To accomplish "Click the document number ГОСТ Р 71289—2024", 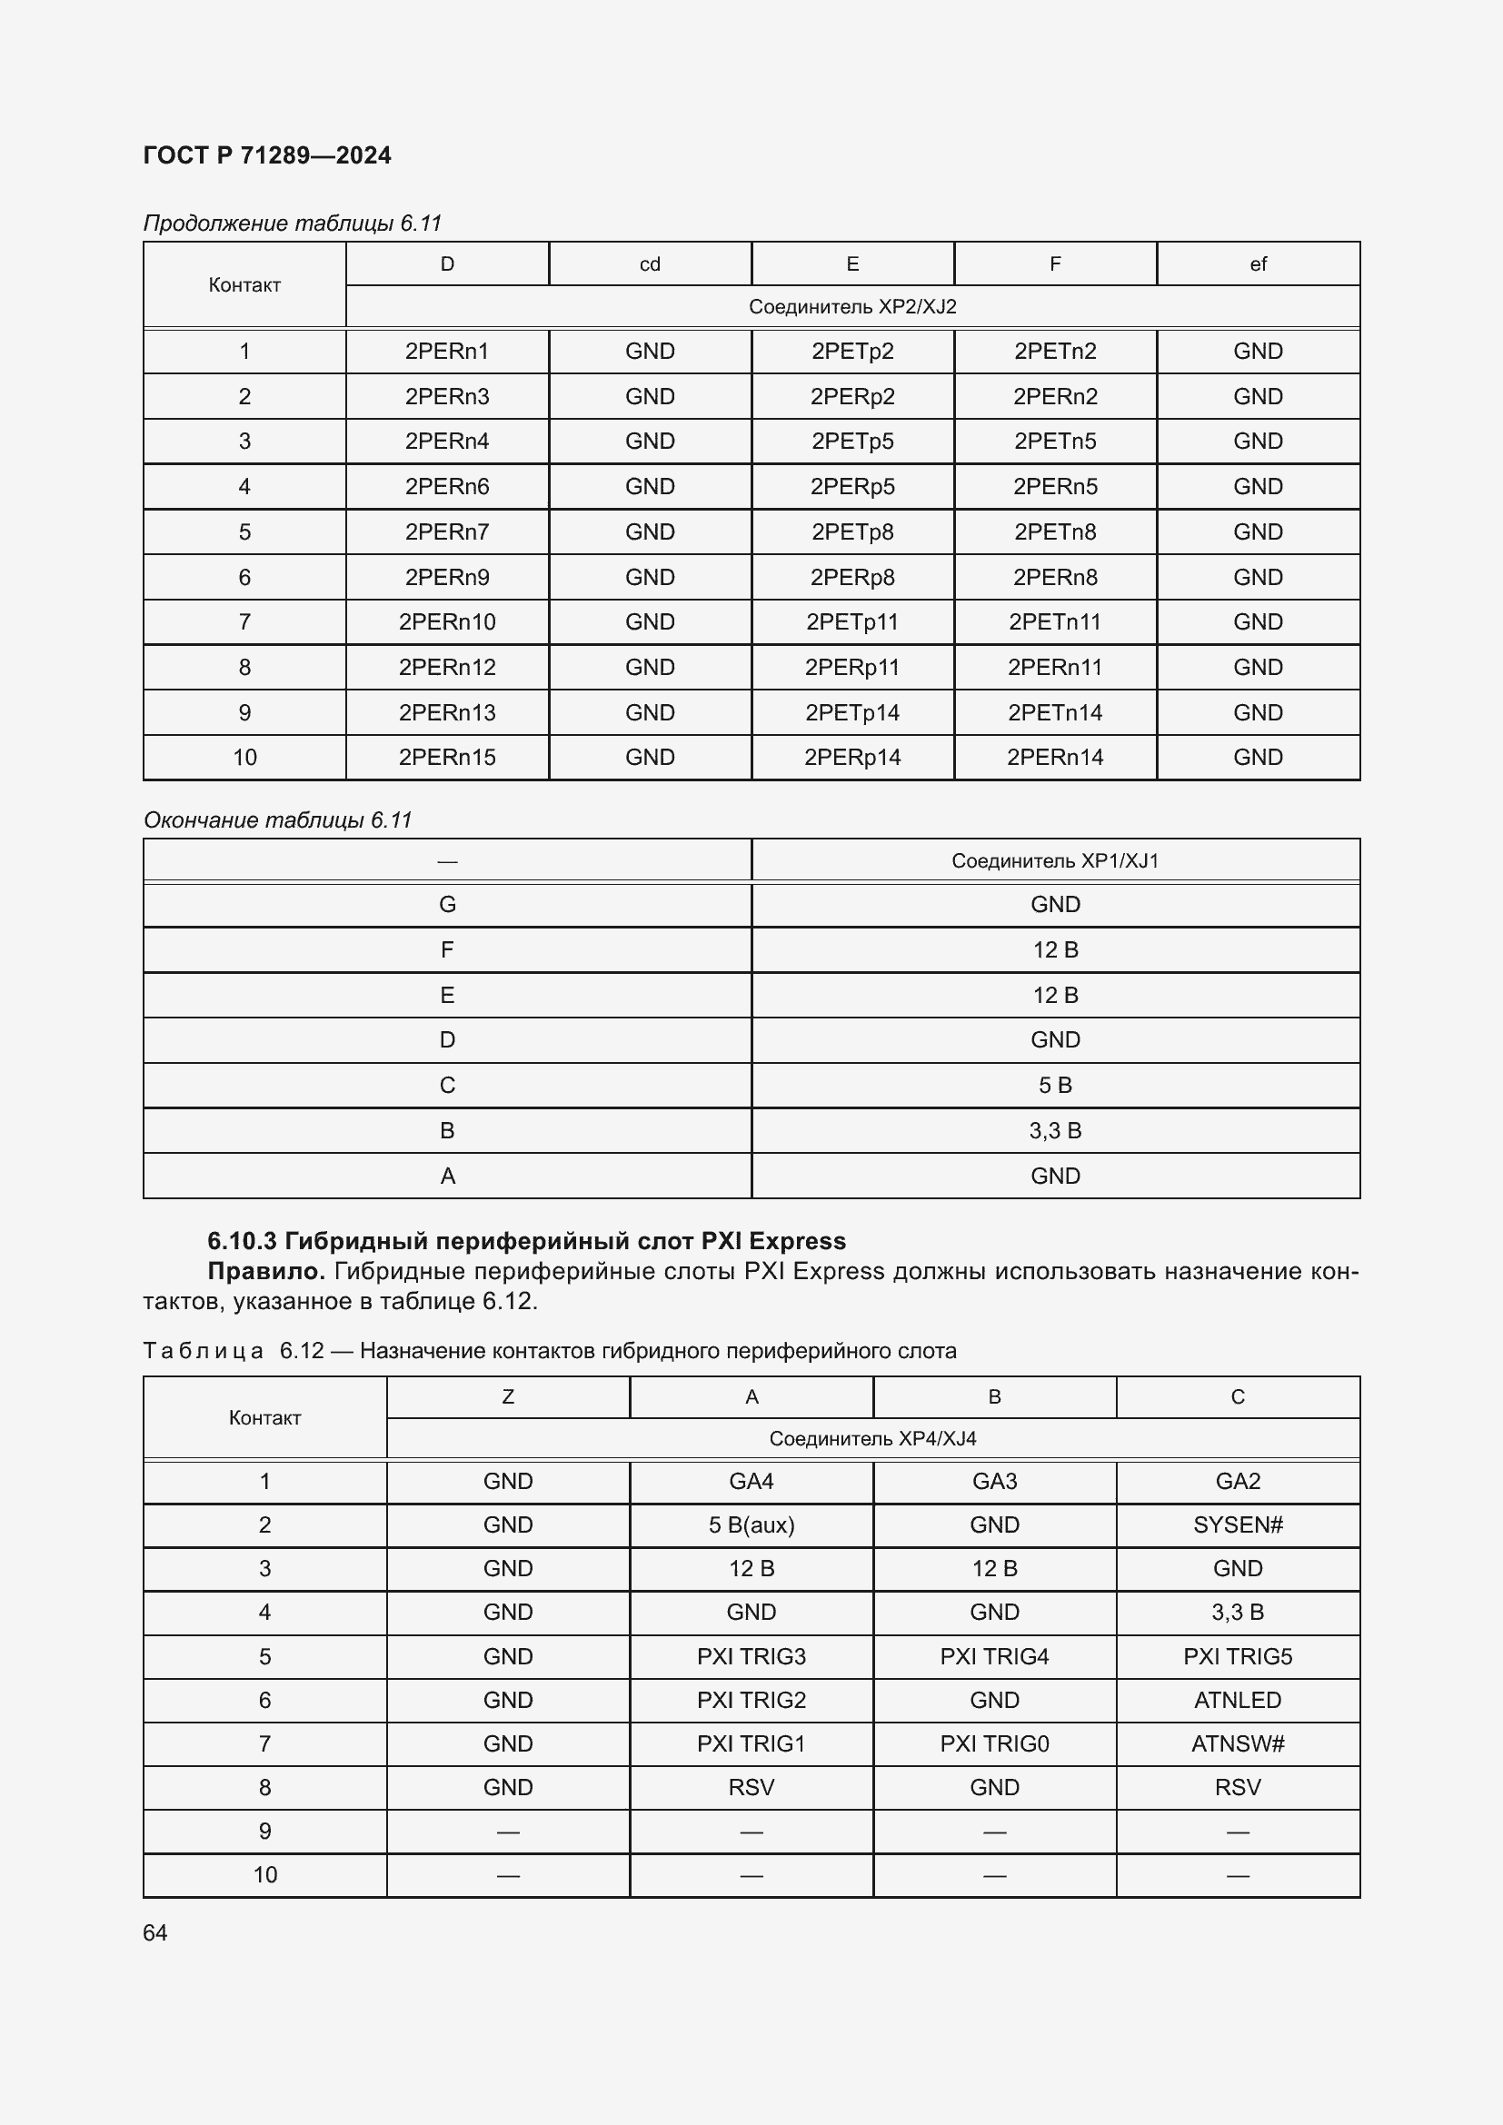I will coord(266,155).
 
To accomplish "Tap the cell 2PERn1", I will coord(447,352).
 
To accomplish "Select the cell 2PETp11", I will coord(851,622).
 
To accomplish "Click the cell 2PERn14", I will coord(1054,758).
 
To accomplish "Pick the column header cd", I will coord(650,264).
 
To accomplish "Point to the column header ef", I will coord(1258,264).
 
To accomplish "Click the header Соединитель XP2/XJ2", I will coord(851,307).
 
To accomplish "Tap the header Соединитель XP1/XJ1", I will coord(1054,861).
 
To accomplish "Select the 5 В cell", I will coord(1054,1086).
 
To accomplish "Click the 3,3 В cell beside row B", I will coord(1054,1131).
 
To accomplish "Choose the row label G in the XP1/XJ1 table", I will coord(447,905).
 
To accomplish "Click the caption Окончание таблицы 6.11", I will coord(277,821).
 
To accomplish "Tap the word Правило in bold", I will coord(265,1272).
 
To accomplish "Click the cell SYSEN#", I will coord(1238,1525).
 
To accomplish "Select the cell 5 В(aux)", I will coord(751,1525).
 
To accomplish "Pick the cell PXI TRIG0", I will coord(994,1744).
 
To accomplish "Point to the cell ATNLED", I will coord(1238,1701).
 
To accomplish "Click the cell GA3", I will coord(994,1482).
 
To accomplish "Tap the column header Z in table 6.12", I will coord(507,1397).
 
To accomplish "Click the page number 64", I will coord(155,1933).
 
